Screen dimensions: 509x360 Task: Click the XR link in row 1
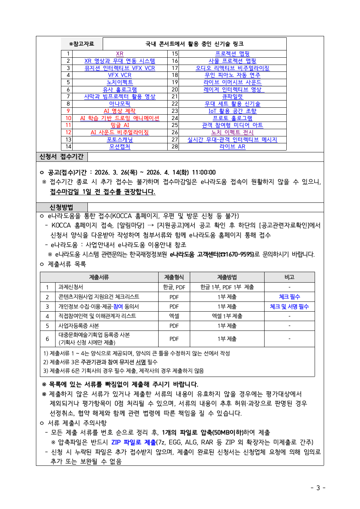click(x=119, y=54)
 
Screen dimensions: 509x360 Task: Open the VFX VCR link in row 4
click(x=119, y=75)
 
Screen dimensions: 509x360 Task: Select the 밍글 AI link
click(x=119, y=125)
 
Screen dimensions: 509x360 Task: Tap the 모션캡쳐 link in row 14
click(x=119, y=147)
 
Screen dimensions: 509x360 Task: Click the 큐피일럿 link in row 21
click(x=232, y=97)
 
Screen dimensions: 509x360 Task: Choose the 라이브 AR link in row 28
click(x=232, y=147)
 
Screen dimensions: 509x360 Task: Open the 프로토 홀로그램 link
click(x=232, y=118)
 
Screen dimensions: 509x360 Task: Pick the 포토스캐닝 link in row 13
click(x=119, y=139)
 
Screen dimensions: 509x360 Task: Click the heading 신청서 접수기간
click(x=61, y=157)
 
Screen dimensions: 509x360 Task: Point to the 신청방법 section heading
click(x=61, y=208)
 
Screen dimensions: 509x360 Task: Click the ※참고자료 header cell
click(x=82, y=44)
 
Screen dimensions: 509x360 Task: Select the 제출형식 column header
click(x=174, y=277)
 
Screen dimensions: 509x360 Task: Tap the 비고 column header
click(x=289, y=277)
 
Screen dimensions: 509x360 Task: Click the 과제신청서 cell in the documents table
click(x=71, y=287)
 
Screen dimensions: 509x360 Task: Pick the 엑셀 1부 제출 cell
click(x=227, y=316)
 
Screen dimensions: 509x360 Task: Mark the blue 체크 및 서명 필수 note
click(x=289, y=307)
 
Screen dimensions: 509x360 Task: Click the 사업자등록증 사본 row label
click(x=79, y=326)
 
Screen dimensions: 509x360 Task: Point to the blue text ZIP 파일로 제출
click(x=134, y=442)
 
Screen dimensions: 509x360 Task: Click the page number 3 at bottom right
click(x=318, y=488)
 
